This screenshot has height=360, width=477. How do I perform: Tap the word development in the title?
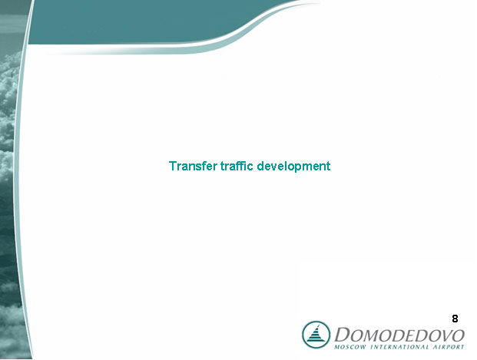click(x=293, y=167)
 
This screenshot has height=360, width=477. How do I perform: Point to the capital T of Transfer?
click(x=173, y=166)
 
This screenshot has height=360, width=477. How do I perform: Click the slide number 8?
click(x=455, y=319)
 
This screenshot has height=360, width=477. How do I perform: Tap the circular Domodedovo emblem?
click(x=316, y=335)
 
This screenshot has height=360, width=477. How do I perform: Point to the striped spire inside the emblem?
click(x=316, y=334)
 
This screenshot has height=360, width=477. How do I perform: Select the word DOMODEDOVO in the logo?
click(x=399, y=335)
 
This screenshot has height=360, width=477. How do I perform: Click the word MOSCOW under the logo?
click(x=349, y=347)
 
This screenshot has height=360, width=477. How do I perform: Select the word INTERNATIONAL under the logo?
click(x=399, y=347)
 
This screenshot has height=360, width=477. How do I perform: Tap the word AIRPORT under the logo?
click(x=449, y=347)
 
